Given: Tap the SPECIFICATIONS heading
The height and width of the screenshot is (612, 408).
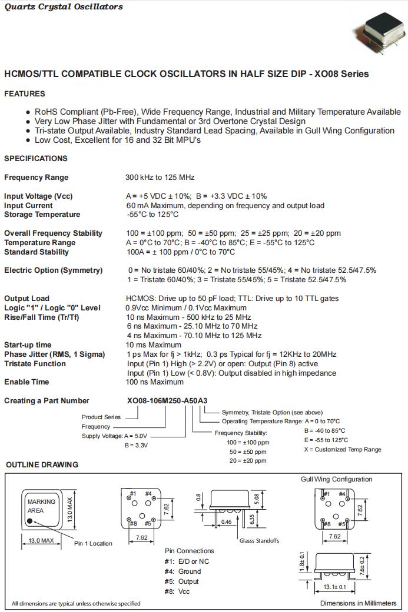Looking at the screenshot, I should [36, 158].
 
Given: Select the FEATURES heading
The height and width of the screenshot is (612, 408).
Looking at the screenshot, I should [25, 93].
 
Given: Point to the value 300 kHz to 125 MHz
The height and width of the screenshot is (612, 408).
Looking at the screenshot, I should [160, 177].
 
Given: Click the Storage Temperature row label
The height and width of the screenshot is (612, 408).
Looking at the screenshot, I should [42, 215].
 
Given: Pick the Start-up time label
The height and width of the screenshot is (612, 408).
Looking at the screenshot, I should [28, 345].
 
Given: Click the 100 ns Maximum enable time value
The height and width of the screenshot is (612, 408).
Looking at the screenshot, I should [154, 382].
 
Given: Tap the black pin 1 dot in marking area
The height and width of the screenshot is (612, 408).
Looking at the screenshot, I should [31, 520].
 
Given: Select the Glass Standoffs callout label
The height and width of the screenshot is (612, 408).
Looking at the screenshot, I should [259, 540].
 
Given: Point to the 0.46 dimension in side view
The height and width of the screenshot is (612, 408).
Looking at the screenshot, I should [226, 521].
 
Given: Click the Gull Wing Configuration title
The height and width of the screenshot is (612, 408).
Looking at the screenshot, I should [336, 479].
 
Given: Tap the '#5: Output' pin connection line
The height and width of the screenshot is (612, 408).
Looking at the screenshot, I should [182, 581].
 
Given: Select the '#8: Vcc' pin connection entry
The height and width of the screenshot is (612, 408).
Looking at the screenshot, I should [177, 591].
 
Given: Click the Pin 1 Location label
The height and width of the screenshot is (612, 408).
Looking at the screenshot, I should [93, 543].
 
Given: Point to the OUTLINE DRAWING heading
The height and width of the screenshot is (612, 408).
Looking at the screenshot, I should [42, 464].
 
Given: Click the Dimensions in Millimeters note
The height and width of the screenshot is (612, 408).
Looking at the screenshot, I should [358, 603].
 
